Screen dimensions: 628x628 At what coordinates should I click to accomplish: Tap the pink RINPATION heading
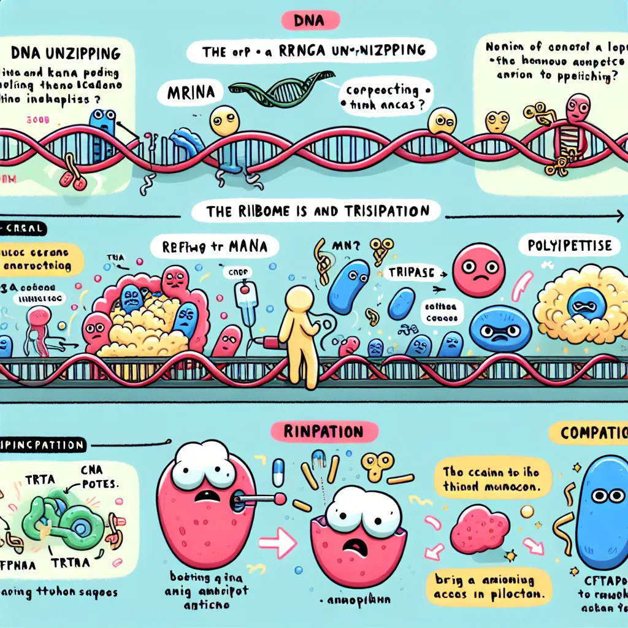point(314,432)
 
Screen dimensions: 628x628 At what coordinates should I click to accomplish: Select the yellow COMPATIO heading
point(592,432)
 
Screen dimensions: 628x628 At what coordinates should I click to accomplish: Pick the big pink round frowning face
point(478,270)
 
